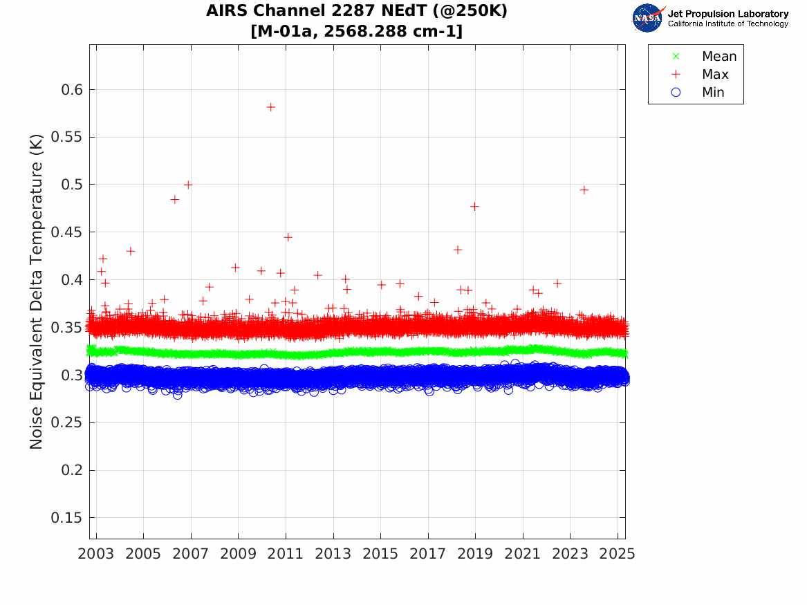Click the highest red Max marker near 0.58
tap(271, 107)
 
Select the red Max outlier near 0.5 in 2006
tap(187, 185)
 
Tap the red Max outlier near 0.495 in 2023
tap(584, 190)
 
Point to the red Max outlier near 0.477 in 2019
tap(474, 206)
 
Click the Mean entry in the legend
tap(719, 57)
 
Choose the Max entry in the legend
tap(715, 75)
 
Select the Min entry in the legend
tap(713, 93)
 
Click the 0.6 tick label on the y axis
tap(71, 90)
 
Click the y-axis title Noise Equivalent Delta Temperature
tap(37, 292)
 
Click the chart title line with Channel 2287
tap(357, 12)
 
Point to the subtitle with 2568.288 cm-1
tap(357, 31)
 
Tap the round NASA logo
tap(647, 18)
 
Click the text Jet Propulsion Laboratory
tap(728, 14)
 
